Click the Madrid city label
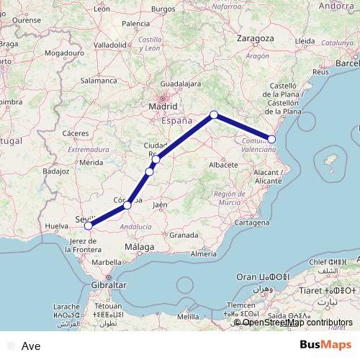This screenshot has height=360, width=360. coord(162,107)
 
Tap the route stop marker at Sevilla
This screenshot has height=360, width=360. coord(89,225)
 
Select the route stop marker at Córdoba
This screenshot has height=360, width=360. coord(127,205)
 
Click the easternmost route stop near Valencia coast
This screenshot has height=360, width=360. coord(271,139)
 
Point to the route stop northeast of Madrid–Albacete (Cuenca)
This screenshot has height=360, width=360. coord(214,114)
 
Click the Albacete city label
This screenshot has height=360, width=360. coord(223,165)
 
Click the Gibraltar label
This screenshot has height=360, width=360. coord(109,285)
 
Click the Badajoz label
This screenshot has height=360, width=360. coord(55,171)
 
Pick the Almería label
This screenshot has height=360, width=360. coord(204,254)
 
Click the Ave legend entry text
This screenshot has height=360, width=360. coord(31,346)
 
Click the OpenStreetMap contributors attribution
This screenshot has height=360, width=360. coord(297,322)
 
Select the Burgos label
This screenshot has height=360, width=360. coord(163,8)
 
